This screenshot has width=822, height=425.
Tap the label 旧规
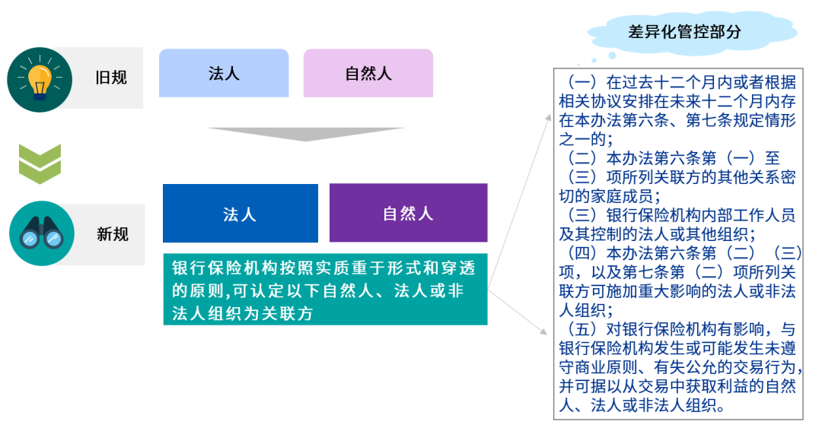tap(111, 78)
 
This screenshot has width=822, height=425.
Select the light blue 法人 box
tap(224, 73)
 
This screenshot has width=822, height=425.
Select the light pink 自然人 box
tap(368, 73)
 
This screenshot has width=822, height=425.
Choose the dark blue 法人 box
tap(240, 214)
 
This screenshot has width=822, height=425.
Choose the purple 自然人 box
tap(408, 214)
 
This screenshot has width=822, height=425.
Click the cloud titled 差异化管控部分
tap(684, 33)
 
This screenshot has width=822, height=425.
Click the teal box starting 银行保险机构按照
tap(325, 290)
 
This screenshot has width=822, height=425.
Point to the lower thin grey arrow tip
tap(546, 333)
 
